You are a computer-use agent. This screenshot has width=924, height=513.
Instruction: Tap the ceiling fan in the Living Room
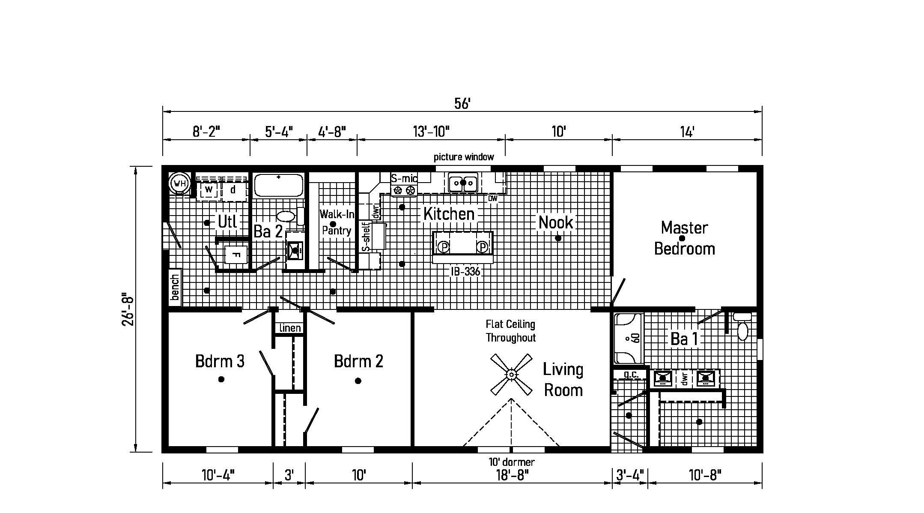[511, 375]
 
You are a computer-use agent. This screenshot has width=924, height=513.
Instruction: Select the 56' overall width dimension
[462, 104]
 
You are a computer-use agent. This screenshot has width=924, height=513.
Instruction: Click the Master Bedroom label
[684, 238]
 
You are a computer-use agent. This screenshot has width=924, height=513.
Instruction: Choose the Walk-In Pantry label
[337, 222]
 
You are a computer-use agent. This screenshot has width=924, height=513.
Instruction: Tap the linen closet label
[290, 328]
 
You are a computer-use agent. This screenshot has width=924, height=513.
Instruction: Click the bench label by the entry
[175, 287]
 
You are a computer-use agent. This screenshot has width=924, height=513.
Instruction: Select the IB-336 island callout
[465, 271]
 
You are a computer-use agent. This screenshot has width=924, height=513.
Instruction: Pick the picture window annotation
[464, 157]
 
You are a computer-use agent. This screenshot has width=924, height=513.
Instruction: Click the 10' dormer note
[511, 462]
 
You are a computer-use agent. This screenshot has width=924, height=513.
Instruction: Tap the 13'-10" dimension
[432, 131]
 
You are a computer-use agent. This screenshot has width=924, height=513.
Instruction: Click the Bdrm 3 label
[220, 361]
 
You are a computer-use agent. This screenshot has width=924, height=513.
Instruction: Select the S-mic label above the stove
[404, 178]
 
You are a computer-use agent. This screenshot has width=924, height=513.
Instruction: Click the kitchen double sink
[463, 183]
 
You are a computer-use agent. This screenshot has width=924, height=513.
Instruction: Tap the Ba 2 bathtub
[279, 186]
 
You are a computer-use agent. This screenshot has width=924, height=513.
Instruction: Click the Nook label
[556, 222]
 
